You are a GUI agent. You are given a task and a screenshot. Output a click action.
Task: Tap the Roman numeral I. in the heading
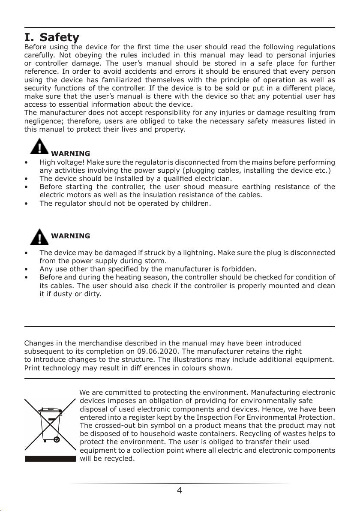[x=30, y=37]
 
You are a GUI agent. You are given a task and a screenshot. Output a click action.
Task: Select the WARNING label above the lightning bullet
[x=70, y=236]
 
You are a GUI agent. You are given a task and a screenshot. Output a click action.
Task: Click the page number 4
[x=180, y=490]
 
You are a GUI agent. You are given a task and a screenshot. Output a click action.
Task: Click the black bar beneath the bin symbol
[x=50, y=458]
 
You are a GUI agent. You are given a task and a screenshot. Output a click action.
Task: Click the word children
[x=195, y=203]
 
